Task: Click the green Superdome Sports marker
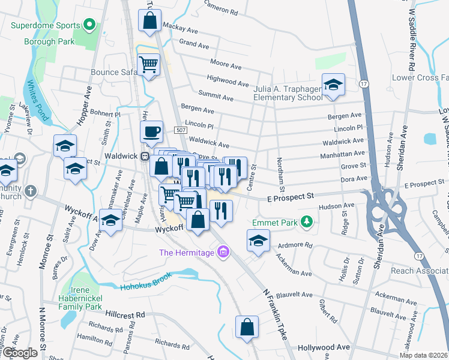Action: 89,25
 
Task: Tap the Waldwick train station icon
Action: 144,155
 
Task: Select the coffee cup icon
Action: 151,131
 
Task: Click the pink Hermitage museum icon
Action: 224,252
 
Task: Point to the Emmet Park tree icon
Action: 307,223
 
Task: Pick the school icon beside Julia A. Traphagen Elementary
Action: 333,85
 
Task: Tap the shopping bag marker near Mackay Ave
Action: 149,20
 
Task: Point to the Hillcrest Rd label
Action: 125,314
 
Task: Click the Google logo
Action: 19,352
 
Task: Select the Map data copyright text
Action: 424,355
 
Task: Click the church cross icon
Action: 31,191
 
